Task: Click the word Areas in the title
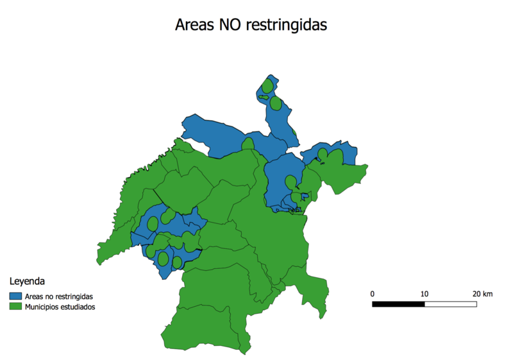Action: [196, 25]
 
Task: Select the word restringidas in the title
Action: [290, 25]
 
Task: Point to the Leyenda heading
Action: [27, 281]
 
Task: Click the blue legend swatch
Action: [15, 296]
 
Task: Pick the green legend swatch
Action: [15, 307]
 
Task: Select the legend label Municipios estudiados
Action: [60, 307]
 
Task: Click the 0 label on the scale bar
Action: [373, 293]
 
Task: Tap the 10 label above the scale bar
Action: [424, 293]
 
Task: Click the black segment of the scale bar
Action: [398, 303]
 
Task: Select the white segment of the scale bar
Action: [450, 303]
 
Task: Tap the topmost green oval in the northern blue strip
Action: [267, 86]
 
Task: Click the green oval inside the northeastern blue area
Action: [323, 153]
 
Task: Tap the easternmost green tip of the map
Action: [366, 167]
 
